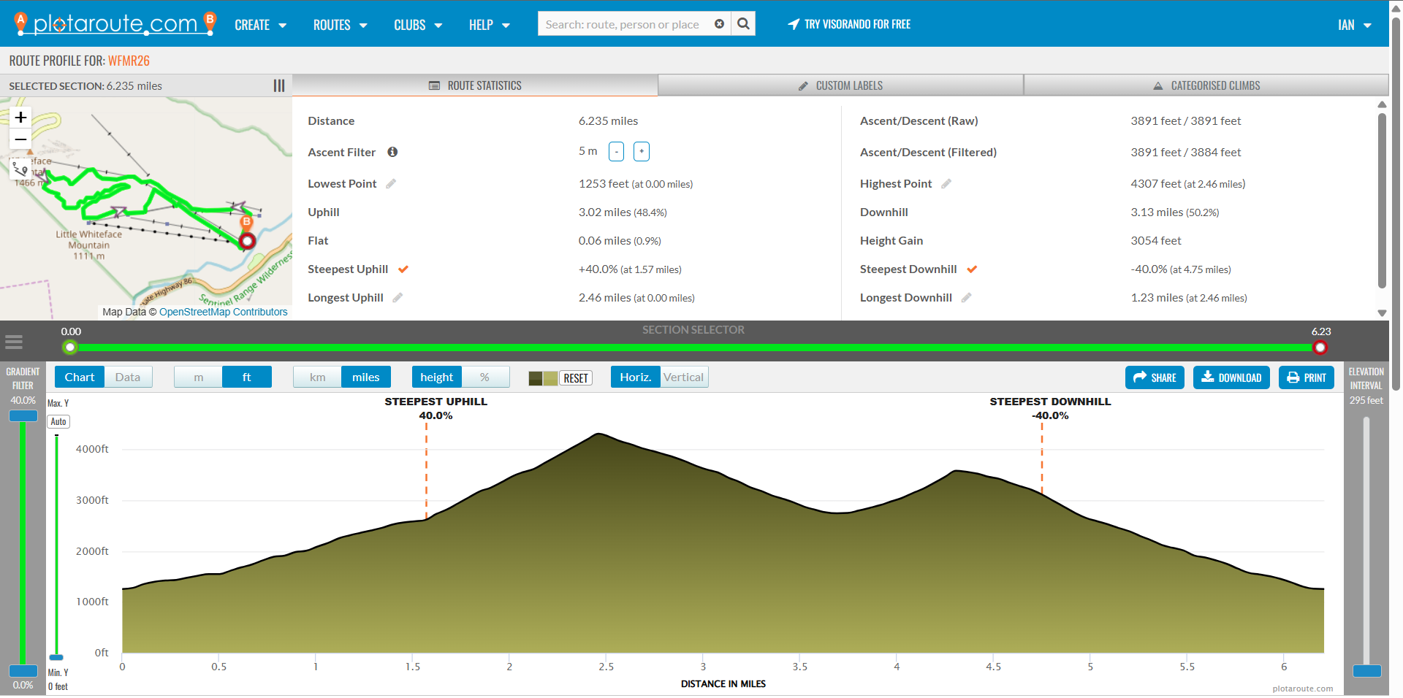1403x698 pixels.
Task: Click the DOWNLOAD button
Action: click(1231, 377)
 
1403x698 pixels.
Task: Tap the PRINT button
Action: click(1306, 377)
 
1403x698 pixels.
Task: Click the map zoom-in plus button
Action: click(21, 117)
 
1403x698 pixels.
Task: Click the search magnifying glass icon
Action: click(743, 24)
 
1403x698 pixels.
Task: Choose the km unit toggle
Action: click(317, 377)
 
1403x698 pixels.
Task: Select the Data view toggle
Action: click(128, 377)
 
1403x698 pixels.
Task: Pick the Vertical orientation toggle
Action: click(683, 377)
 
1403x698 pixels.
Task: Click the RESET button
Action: click(576, 378)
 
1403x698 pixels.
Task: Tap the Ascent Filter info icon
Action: click(392, 152)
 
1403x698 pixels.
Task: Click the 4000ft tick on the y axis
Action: click(92, 449)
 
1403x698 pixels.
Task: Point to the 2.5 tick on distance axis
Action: click(606, 667)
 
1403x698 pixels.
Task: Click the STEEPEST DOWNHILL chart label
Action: click(1050, 402)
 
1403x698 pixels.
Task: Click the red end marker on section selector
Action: click(1320, 348)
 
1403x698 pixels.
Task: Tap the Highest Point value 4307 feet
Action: click(1155, 184)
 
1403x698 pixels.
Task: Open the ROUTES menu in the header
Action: click(340, 25)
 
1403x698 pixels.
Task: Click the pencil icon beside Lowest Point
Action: click(391, 184)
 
